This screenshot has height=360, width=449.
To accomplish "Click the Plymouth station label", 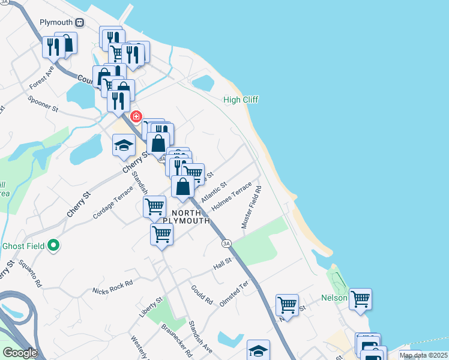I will (x=56, y=22).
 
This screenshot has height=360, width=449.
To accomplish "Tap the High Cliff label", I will (x=241, y=100).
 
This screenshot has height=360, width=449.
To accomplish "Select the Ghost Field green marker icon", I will (x=53, y=245).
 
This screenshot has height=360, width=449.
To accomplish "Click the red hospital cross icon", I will (x=136, y=116).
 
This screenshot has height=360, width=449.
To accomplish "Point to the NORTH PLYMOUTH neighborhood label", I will (x=191, y=217).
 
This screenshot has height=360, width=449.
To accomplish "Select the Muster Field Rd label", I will (x=252, y=206).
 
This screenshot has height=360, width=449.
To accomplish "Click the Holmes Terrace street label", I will (x=231, y=197).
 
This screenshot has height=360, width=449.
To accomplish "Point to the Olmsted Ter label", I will (x=234, y=295).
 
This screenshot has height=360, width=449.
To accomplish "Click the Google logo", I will (x=19, y=353).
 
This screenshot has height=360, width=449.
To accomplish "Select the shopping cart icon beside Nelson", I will (x=360, y=298).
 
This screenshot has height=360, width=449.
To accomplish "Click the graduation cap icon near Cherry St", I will (x=124, y=145).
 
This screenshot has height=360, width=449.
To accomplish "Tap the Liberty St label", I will (x=151, y=307).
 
